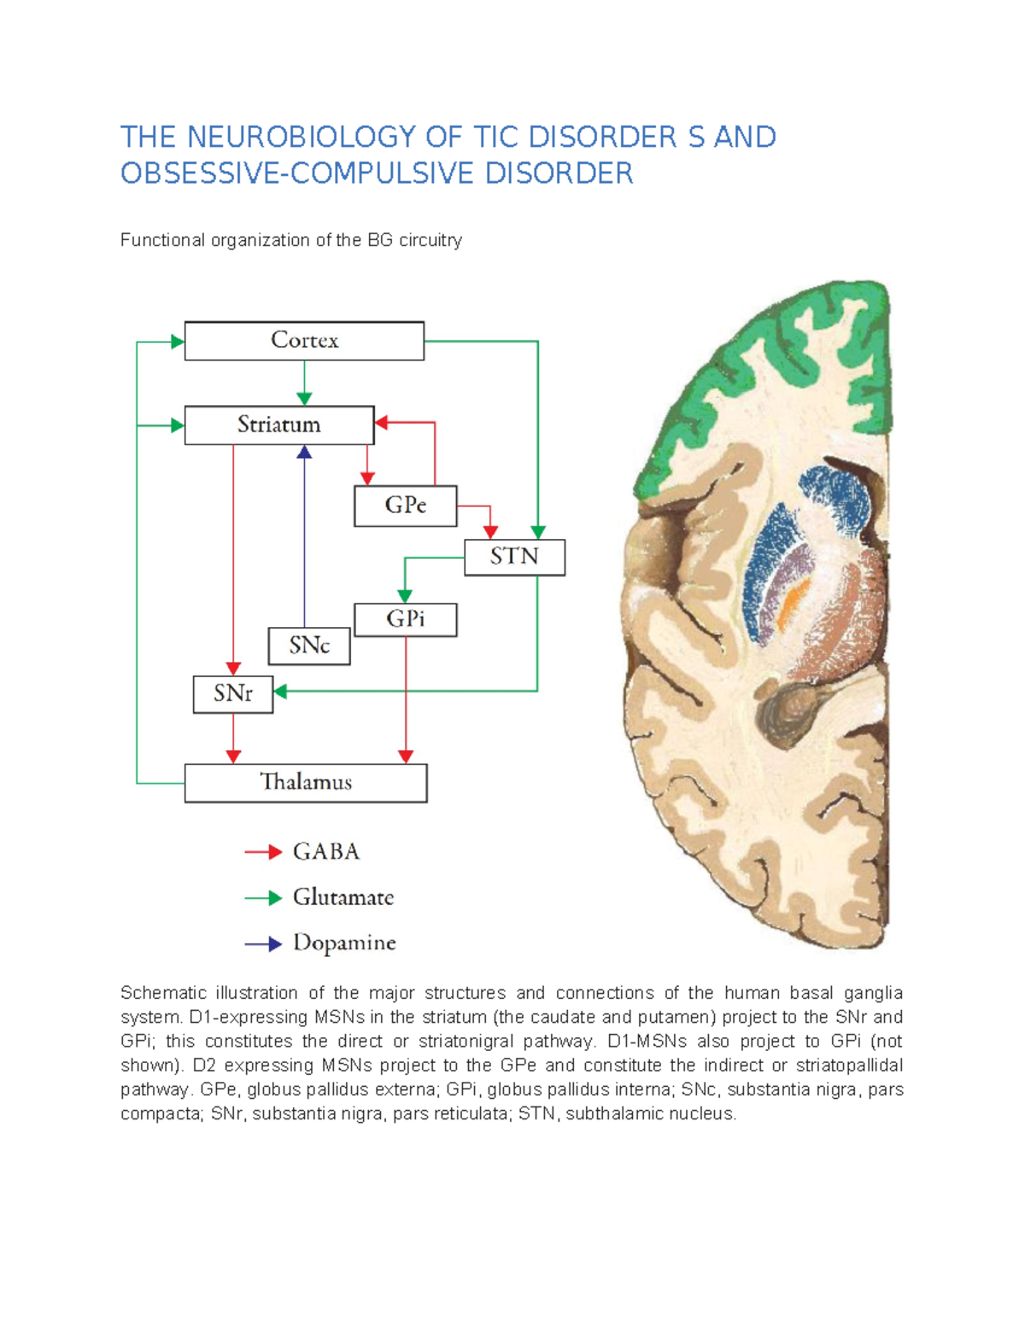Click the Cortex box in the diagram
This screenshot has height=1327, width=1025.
(x=304, y=341)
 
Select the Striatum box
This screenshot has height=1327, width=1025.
(x=279, y=425)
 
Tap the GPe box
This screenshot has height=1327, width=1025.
(x=405, y=506)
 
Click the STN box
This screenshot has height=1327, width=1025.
(x=514, y=557)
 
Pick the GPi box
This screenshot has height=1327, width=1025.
(x=405, y=619)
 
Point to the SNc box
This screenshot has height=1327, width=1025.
(x=308, y=646)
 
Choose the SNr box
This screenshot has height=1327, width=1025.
(x=232, y=694)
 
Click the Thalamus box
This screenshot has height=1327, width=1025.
(x=306, y=783)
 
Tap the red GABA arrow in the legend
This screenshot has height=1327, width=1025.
(x=263, y=852)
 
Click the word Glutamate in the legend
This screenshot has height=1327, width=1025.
(x=343, y=897)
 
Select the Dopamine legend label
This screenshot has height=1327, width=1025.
(x=344, y=943)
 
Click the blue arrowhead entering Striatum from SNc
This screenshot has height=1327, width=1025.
(x=304, y=452)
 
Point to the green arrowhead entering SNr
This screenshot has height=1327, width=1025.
(x=280, y=691)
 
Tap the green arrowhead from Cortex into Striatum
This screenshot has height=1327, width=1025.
(x=304, y=398)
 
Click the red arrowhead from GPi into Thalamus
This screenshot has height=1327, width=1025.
(x=406, y=756)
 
